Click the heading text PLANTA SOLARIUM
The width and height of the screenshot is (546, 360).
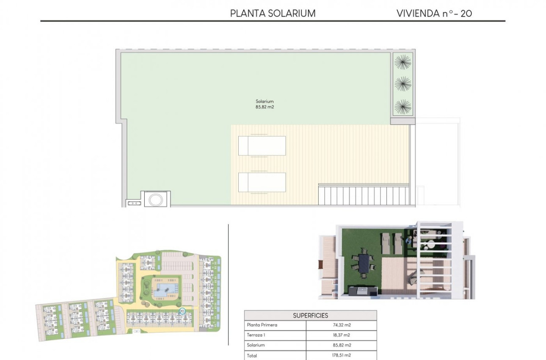273,13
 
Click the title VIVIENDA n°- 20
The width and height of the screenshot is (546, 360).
434,13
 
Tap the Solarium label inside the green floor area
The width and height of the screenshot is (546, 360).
265,102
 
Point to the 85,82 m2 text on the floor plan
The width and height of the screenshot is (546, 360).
265,108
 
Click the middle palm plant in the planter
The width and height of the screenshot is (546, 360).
403,83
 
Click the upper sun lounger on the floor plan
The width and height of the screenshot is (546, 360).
262,146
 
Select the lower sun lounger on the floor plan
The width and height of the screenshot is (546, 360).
262,182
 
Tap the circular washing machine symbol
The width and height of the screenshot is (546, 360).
157,199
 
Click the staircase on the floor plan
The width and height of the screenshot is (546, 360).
364,195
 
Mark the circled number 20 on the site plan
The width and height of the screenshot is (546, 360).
182,311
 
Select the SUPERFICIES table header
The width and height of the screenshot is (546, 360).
310,316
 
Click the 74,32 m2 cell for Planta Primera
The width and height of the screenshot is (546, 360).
341,325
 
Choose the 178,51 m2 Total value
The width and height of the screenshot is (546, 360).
341,356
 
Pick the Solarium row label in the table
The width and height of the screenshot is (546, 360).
256,346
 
